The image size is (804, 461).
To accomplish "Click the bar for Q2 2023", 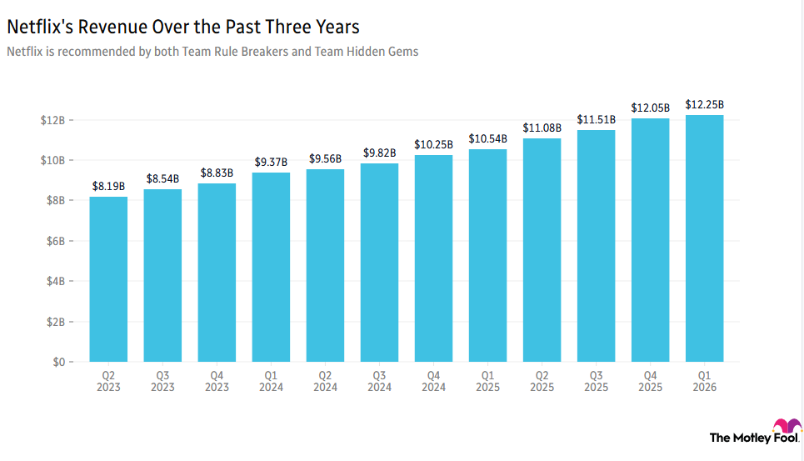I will point(108,279).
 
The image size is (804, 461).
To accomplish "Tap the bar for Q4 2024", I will point(433,258).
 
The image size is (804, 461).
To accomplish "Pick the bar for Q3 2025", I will point(596,246).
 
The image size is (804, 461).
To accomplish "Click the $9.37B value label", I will point(271,163).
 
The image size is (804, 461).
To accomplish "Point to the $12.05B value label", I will point(650,108).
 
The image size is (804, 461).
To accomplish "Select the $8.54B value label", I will point(162,179).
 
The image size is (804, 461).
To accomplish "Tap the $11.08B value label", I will point(542,128).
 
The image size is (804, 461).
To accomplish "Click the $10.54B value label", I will point(487,139).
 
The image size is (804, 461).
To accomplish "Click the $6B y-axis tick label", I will point(53,241).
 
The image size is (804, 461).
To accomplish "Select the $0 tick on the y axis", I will point(58,363).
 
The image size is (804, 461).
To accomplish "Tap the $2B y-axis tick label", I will point(53,322).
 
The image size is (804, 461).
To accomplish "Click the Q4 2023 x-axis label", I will point(217,381).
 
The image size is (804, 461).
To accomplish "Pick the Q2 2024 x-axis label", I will point(325,381).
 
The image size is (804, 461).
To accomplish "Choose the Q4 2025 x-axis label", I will point(650,381).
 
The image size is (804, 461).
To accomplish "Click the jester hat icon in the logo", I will point(787,429).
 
